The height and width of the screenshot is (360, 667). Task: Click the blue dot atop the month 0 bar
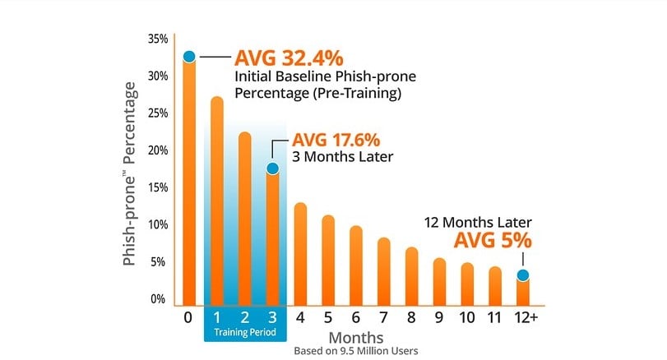click(188, 56)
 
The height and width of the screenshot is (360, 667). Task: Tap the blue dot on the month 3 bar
click(273, 168)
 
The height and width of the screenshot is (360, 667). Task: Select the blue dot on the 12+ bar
click(522, 275)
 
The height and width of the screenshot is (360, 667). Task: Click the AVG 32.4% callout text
click(289, 58)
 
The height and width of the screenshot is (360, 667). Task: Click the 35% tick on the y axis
click(158, 39)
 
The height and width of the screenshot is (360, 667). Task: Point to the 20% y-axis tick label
click(158, 150)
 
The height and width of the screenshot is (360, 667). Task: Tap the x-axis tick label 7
click(384, 316)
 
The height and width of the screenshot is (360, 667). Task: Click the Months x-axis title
click(356, 337)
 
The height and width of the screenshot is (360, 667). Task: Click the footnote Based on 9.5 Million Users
click(356, 351)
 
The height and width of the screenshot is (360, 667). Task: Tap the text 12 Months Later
click(478, 222)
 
